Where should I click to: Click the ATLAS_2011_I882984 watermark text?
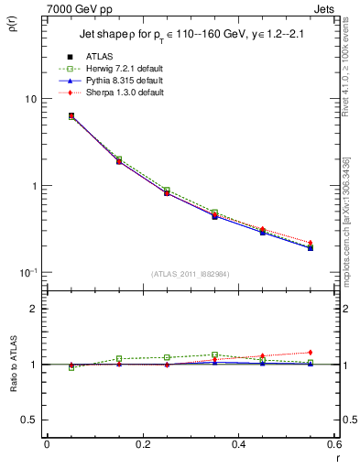point(191,274)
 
